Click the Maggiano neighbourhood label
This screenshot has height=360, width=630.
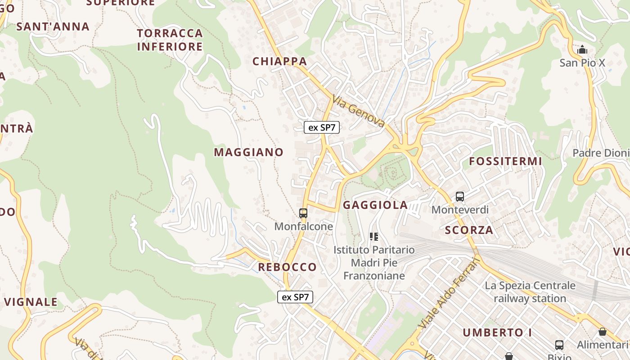[248, 152]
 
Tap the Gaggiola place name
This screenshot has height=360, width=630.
[375, 205]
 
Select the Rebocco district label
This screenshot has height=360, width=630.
[287, 267]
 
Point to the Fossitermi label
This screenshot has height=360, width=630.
[505, 161]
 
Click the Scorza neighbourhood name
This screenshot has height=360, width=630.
[469, 230]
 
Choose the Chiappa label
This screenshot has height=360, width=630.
[279, 61]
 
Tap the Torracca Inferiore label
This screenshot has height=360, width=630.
[170, 40]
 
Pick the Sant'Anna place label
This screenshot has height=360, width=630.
[53, 27]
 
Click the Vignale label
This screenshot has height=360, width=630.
[31, 302]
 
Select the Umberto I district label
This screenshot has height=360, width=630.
[497, 333]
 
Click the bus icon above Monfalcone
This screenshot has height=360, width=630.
[303, 213]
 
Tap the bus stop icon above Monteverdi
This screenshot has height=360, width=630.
[459, 197]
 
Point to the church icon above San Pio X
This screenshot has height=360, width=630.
[582, 49]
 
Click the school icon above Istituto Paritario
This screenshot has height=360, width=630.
[373, 236]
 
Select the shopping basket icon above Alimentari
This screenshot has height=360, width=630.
[603, 332]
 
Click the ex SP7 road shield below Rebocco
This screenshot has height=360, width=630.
[295, 297]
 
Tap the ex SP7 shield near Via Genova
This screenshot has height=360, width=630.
[321, 127]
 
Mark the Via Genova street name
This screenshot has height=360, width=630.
[359, 111]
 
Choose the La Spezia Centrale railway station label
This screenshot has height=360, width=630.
[530, 292]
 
